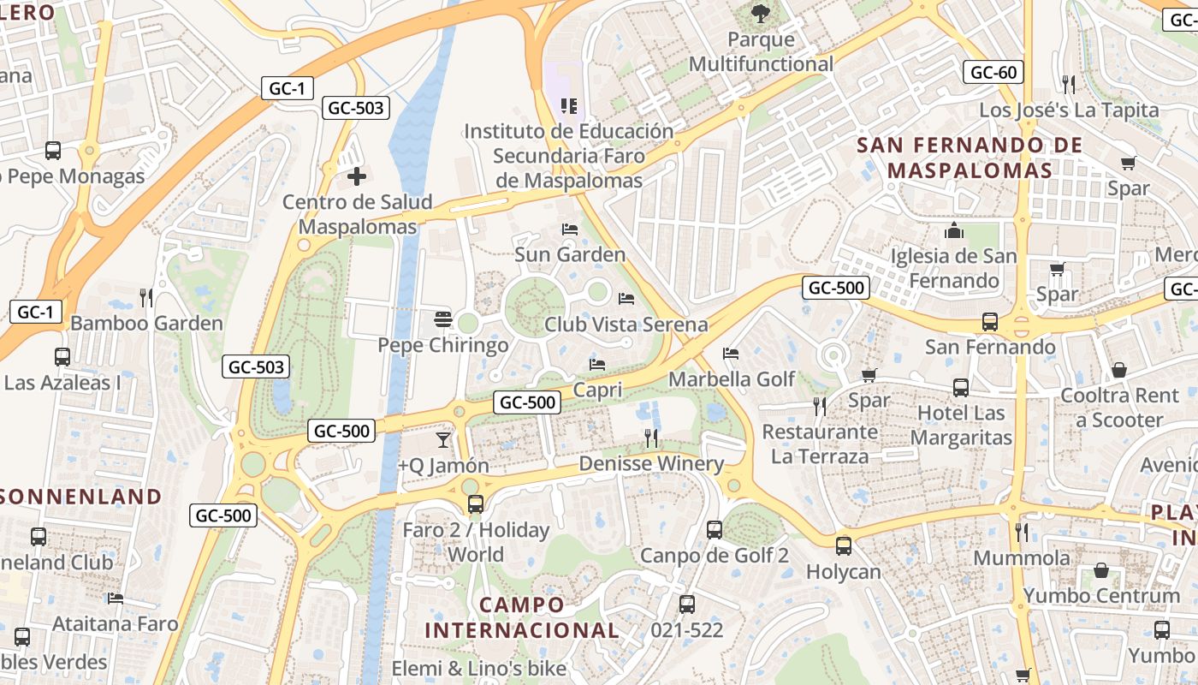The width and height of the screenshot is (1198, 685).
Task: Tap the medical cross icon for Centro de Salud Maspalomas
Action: tap(357, 177)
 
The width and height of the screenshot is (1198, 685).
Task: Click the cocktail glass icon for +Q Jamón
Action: tap(442, 440)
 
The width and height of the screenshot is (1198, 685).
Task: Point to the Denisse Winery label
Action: tap(651, 464)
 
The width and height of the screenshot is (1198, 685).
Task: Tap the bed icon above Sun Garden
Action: tap(570, 229)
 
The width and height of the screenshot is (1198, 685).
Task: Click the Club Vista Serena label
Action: tap(626, 325)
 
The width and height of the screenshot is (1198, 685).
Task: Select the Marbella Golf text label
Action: tap(732, 378)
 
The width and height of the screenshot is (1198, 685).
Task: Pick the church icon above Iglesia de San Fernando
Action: tap(954, 231)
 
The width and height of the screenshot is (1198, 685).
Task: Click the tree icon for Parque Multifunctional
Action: tap(759, 13)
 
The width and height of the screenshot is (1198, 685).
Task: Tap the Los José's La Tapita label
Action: tap(1069, 110)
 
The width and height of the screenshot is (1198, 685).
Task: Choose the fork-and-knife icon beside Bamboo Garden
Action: tap(146, 298)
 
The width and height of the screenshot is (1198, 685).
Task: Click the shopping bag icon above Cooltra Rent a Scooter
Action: tap(1119, 370)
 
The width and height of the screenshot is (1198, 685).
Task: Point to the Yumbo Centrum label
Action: tap(1101, 595)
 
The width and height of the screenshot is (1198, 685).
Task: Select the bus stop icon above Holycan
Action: tap(844, 545)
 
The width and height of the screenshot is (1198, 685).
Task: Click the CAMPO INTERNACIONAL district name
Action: tap(522, 617)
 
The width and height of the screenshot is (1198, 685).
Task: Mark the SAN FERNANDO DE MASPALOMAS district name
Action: tap(970, 158)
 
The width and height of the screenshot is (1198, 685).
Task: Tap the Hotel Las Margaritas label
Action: tap(961, 426)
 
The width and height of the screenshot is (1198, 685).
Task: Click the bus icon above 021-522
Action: tap(687, 605)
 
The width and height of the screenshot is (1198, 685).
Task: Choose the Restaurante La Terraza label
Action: tap(820, 444)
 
